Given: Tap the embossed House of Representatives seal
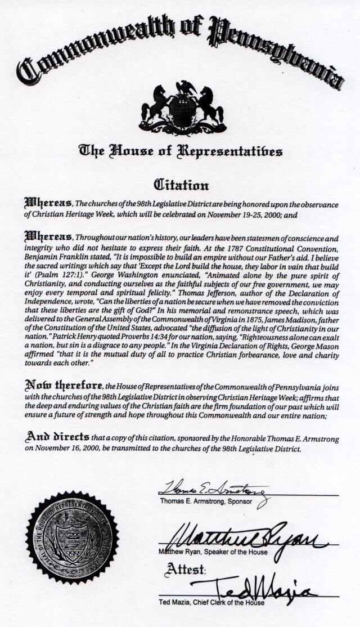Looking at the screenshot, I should point(72,538).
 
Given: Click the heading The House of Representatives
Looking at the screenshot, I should point(180,151).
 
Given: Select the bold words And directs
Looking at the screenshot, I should point(57,437).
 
